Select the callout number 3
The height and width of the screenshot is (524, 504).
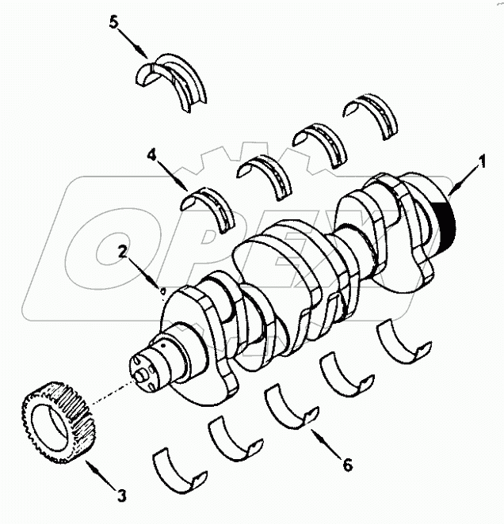[121, 496]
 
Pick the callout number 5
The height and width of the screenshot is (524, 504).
[114, 22]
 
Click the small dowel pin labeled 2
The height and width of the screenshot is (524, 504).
[163, 290]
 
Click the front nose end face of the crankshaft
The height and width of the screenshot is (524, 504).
[142, 372]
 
